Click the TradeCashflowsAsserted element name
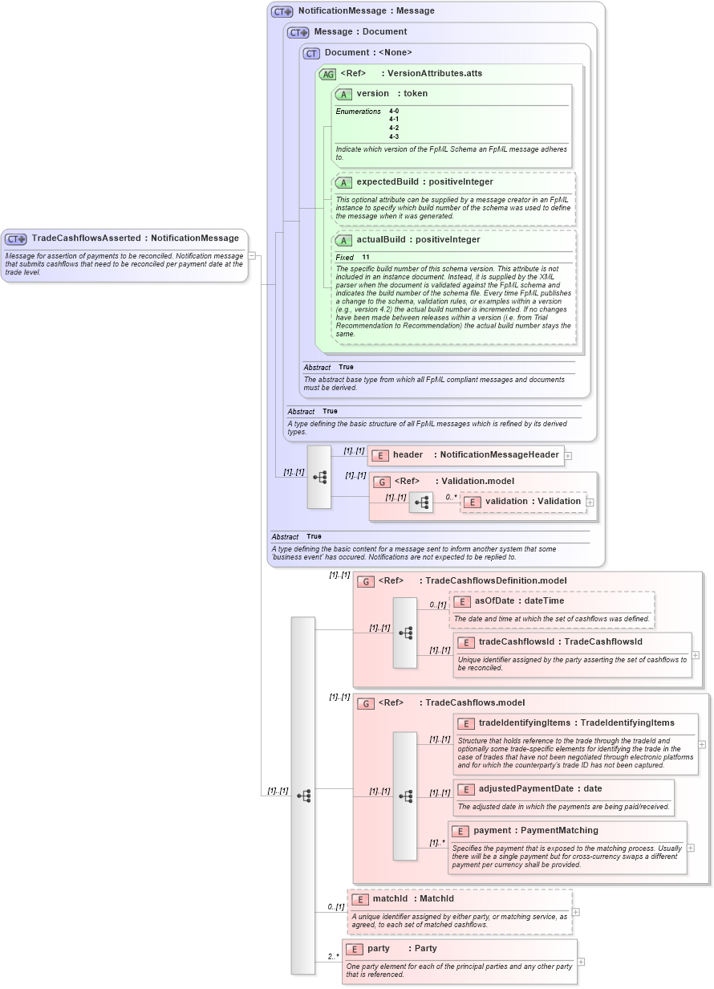pyautogui.click(x=86, y=238)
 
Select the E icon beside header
pyautogui.click(x=380, y=455)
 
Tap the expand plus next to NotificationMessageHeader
pyautogui.click(x=568, y=455)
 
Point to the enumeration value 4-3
pyautogui.click(x=394, y=136)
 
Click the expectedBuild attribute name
pyautogui.click(x=387, y=182)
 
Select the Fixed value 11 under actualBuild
pyautogui.click(x=366, y=257)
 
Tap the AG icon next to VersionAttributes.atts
pyautogui.click(x=327, y=74)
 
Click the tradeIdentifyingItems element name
pyautogui.click(x=524, y=723)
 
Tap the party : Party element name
pyautogui.click(x=379, y=949)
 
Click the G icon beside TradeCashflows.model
pyautogui.click(x=366, y=704)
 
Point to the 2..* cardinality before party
pyautogui.click(x=331, y=957)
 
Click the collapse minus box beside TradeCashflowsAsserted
pyautogui.click(x=252, y=256)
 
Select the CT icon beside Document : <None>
pyautogui.click(x=311, y=53)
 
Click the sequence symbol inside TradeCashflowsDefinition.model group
pyautogui.click(x=405, y=633)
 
